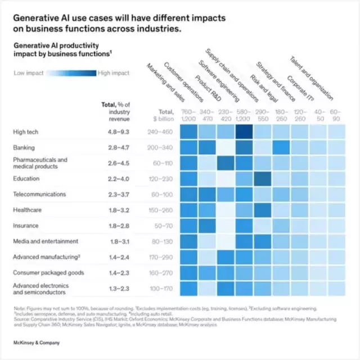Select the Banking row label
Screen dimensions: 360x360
tap(24, 147)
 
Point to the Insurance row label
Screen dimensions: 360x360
tap(26, 225)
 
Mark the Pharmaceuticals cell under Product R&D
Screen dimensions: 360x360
tap(226, 163)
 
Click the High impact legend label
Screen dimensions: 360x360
tap(113, 73)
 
